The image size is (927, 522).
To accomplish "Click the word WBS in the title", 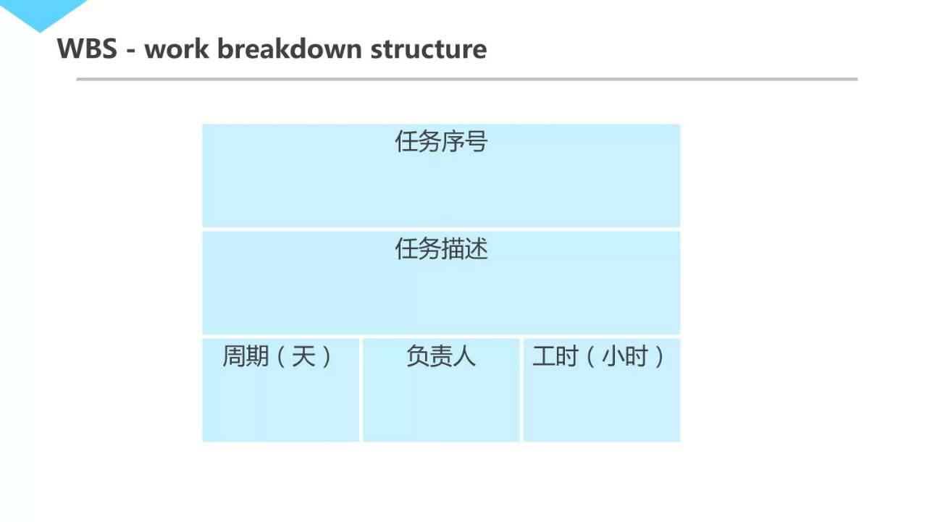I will click(87, 49).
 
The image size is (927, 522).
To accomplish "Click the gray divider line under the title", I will click(466, 79).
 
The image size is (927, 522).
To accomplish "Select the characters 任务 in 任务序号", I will click(418, 141).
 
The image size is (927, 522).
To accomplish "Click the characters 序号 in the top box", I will click(464, 141).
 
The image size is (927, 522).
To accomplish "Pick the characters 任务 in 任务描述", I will click(418, 248).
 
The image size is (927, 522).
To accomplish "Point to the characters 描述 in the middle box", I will click(464, 248).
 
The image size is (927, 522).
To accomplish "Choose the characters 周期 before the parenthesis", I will click(246, 355).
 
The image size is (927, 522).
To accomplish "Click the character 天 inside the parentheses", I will click(303, 355).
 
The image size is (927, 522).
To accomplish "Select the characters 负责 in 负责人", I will click(429, 355).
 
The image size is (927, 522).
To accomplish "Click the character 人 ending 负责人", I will click(464, 355).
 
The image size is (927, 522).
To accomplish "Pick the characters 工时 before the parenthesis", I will click(555, 355).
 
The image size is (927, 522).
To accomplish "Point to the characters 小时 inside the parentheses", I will click(625, 355).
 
